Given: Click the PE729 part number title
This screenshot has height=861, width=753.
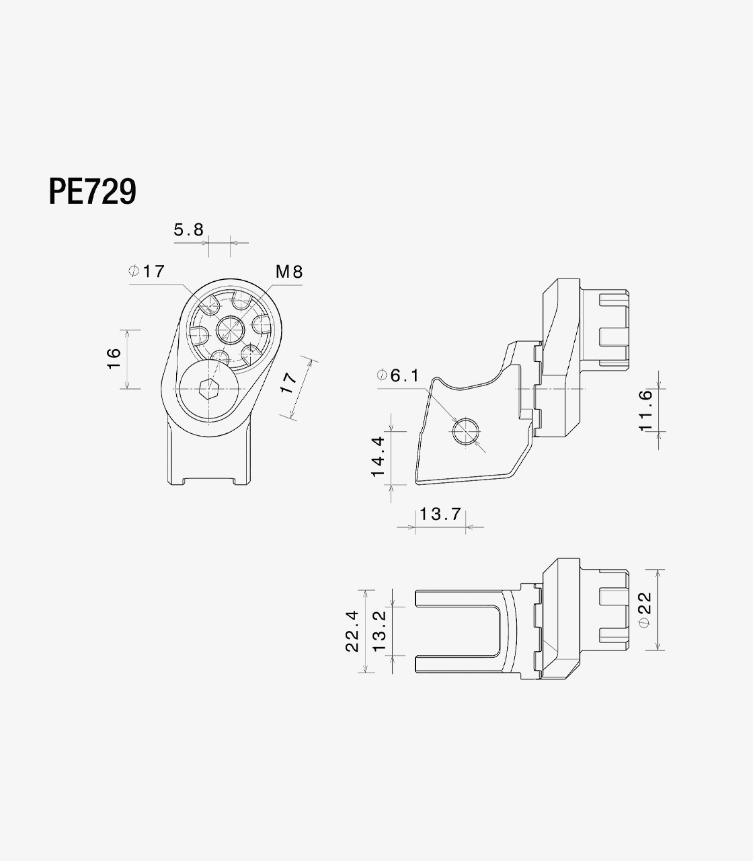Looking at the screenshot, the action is (93, 192).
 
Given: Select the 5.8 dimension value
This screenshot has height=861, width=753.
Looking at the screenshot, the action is (189, 230).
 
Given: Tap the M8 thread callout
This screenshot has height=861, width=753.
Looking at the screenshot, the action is (289, 272).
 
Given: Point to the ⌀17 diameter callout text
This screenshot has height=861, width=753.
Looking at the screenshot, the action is (147, 272).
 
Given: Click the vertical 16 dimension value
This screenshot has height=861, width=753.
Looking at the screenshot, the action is (114, 359).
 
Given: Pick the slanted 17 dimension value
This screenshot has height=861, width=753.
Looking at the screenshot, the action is (289, 383).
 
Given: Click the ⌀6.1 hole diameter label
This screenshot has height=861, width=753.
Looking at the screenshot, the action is (398, 375).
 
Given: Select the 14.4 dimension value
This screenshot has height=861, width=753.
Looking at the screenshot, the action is (378, 457).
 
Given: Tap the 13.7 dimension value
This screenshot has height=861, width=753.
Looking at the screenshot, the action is (440, 514).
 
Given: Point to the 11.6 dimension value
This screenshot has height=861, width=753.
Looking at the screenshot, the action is (645, 411).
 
